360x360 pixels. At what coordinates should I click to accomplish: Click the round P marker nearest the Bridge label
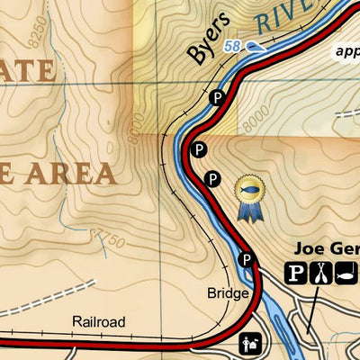pos(246,261)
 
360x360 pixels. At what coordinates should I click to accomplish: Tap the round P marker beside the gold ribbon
pos(212,179)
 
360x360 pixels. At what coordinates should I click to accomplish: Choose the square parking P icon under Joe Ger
pos(297,272)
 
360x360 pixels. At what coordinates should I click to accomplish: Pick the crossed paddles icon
pos(319,272)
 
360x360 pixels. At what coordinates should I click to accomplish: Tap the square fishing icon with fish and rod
pos(344,272)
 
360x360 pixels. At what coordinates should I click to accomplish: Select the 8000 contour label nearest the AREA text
pos(134,131)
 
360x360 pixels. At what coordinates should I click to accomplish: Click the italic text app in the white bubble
pos(346,51)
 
